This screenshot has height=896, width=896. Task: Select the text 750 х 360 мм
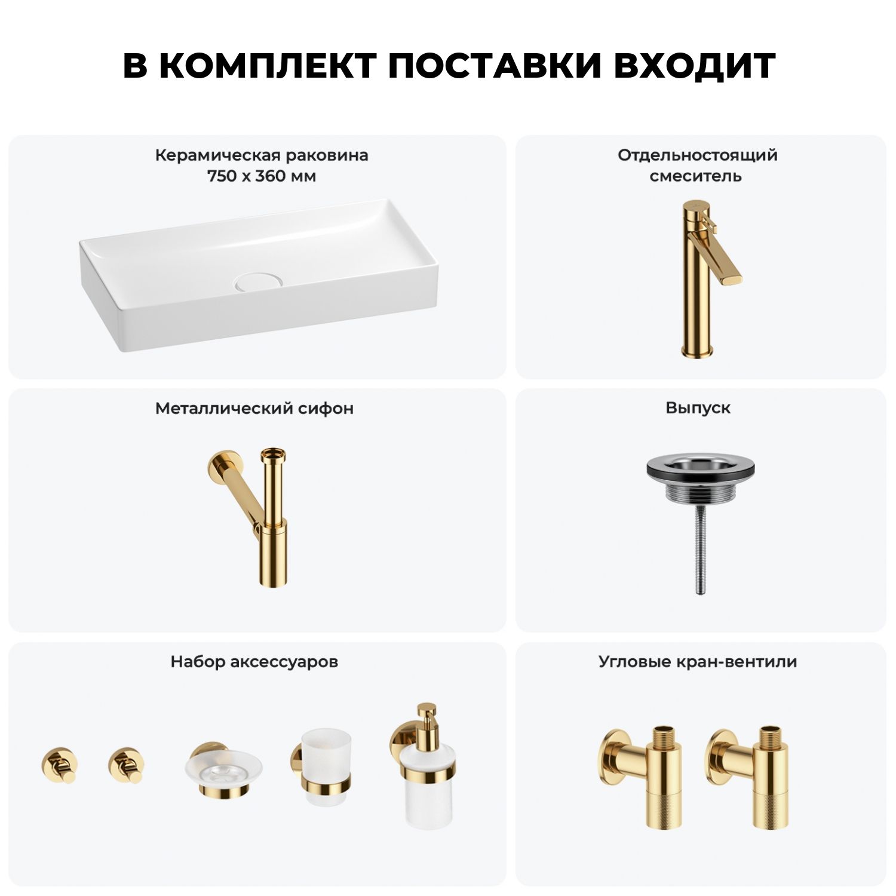pos(262,176)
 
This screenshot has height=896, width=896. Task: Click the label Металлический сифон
pos(254,409)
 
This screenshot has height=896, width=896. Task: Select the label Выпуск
pos(698,408)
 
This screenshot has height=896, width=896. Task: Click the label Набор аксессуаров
pos(254,662)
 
